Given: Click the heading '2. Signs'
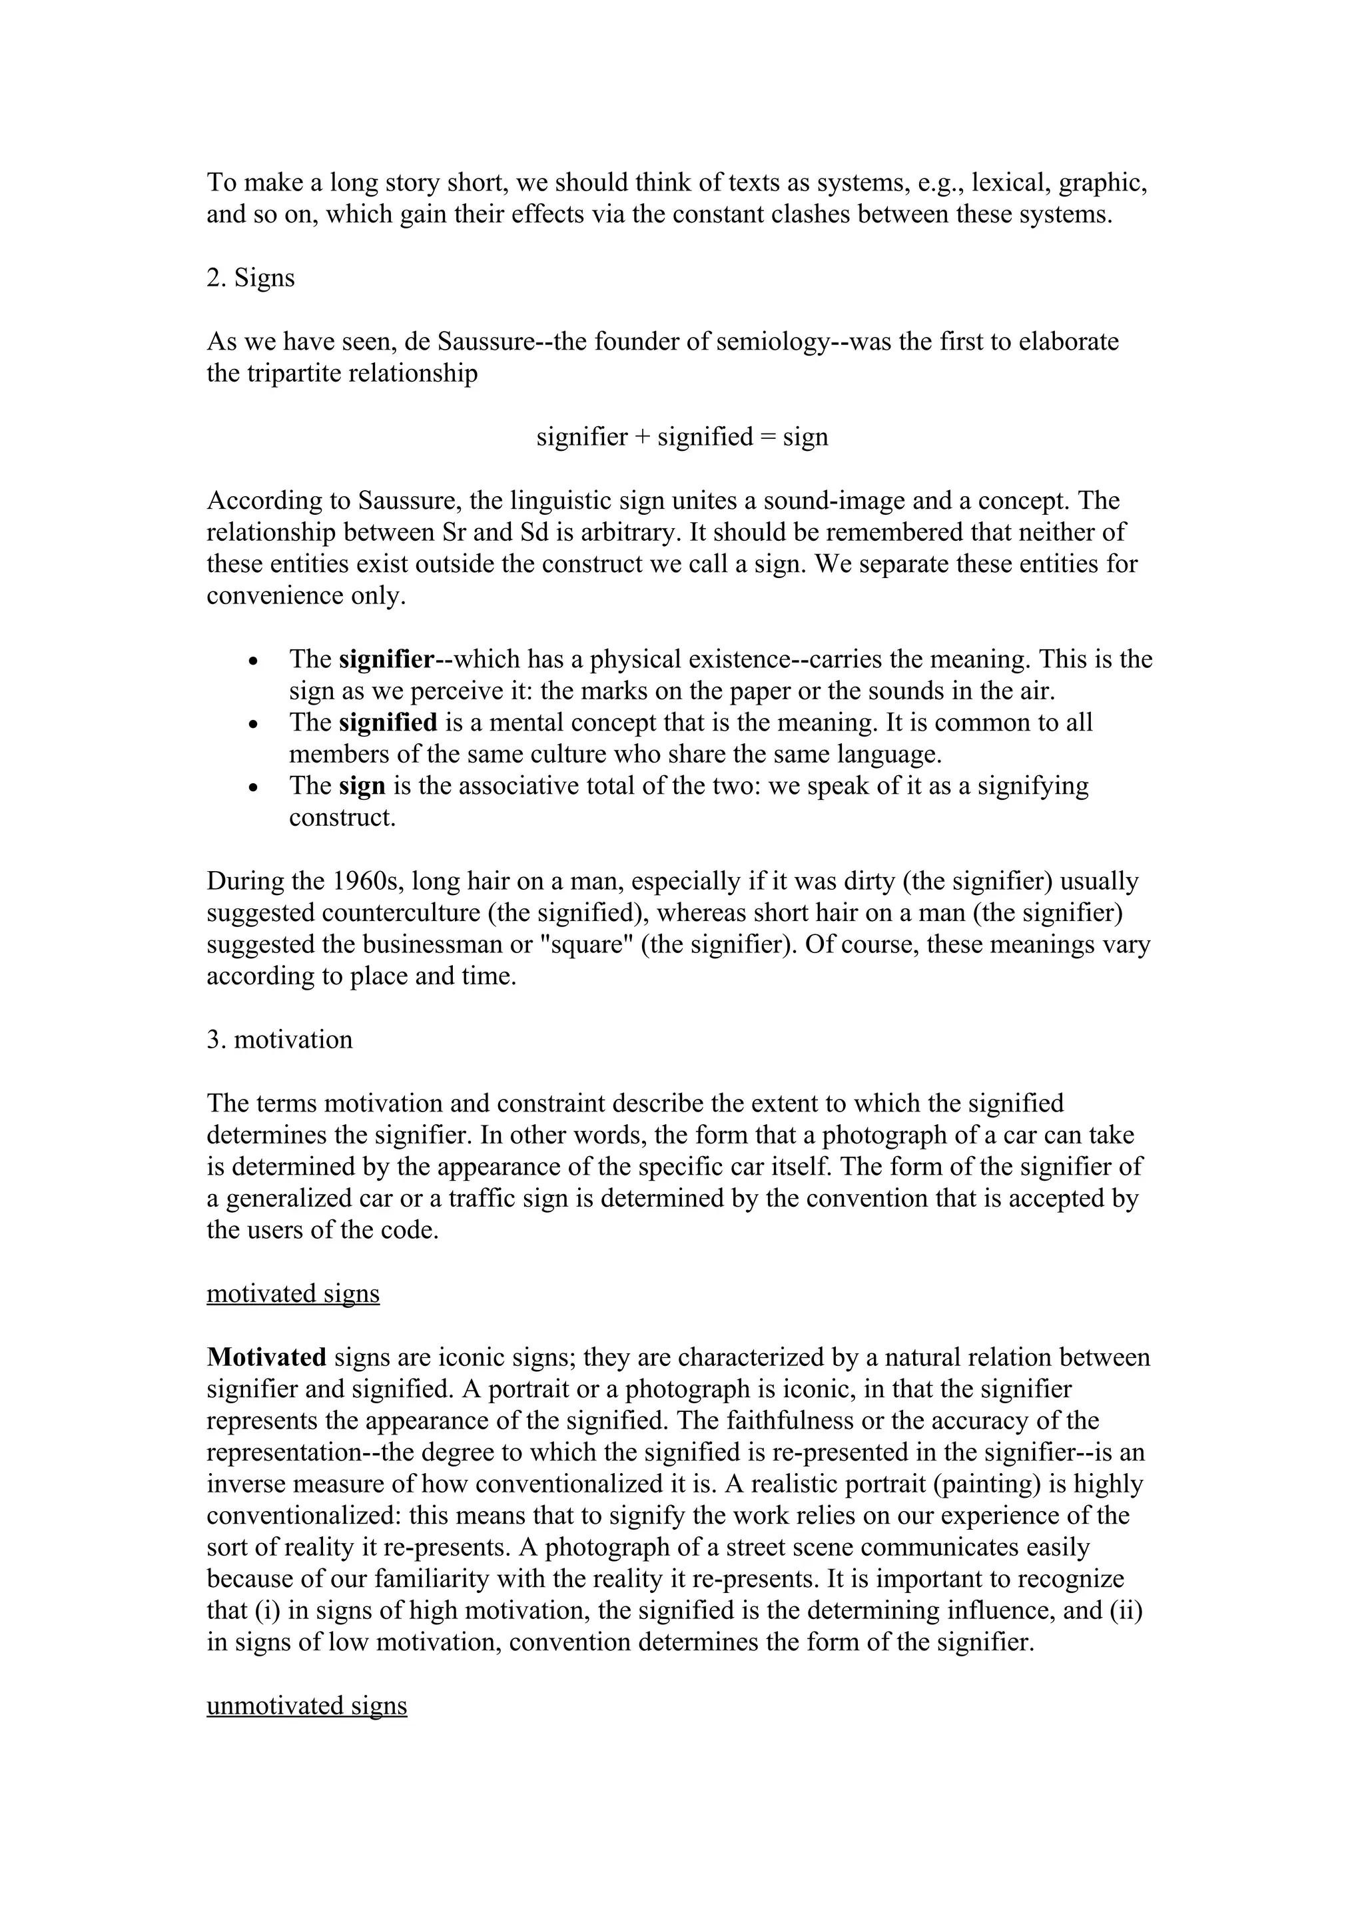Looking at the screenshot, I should [x=250, y=278].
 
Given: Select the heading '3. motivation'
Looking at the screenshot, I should [x=280, y=1040].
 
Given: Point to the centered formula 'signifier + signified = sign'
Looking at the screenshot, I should [x=683, y=436].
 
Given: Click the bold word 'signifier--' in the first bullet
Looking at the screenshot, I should [x=396, y=659].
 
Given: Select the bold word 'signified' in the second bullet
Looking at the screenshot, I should [x=388, y=722].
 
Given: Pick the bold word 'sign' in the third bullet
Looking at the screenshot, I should [x=362, y=786].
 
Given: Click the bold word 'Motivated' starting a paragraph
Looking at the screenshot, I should [x=266, y=1357].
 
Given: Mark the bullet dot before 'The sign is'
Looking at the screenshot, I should [x=253, y=788].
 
